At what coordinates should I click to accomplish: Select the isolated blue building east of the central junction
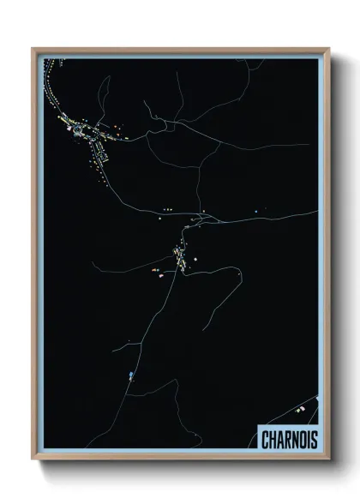tap(255, 211)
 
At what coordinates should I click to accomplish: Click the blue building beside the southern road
tap(130, 375)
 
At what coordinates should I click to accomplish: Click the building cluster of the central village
tap(179, 257)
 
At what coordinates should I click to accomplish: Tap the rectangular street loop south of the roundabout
tap(99, 153)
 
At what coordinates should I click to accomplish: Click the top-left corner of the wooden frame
tap(33, 49)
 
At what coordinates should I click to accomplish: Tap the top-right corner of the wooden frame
tap(328, 49)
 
